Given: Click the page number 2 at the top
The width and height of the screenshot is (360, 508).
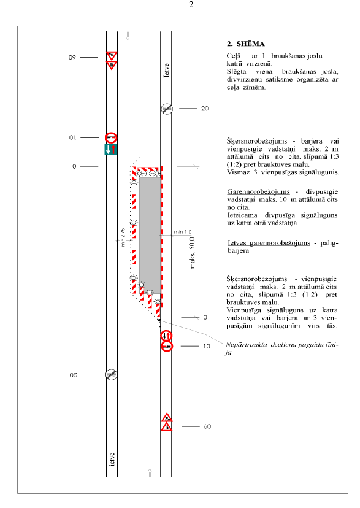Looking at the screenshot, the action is [191, 4].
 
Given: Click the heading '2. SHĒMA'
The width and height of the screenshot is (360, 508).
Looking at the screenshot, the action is [246, 44].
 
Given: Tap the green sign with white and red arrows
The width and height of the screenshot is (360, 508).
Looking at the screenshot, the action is [111, 149].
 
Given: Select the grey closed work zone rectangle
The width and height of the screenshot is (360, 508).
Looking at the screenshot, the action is [150, 236].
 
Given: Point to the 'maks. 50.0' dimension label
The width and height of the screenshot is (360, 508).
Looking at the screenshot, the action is [193, 253].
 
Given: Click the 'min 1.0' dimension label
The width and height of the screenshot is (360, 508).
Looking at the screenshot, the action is [183, 232].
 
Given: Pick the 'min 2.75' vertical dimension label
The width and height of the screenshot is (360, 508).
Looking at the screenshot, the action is [123, 237].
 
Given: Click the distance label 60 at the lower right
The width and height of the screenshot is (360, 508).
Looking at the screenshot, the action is [207, 426].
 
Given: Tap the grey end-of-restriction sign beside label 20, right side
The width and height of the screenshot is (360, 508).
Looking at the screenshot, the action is [167, 109].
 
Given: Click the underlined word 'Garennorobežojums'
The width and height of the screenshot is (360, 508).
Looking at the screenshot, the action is [258, 192].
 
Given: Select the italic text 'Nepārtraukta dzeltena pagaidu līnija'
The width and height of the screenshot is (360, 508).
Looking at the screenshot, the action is [281, 348].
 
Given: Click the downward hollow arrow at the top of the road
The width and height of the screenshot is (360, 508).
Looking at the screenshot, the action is [128, 36].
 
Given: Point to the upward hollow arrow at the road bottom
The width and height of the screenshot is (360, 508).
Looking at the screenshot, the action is [150, 473].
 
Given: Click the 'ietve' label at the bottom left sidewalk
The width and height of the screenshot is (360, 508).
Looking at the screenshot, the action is [112, 460].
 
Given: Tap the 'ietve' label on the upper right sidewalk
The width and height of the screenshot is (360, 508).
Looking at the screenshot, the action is [166, 70].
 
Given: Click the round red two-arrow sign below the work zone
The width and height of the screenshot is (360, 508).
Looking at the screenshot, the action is [166, 336].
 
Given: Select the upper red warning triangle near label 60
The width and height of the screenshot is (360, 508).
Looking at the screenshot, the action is [167, 417].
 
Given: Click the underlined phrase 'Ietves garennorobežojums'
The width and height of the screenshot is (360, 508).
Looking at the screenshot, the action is [269, 243].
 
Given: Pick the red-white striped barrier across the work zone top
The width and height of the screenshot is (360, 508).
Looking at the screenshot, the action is [148, 170].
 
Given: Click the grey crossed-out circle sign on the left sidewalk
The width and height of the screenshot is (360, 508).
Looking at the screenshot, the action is [112, 375].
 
